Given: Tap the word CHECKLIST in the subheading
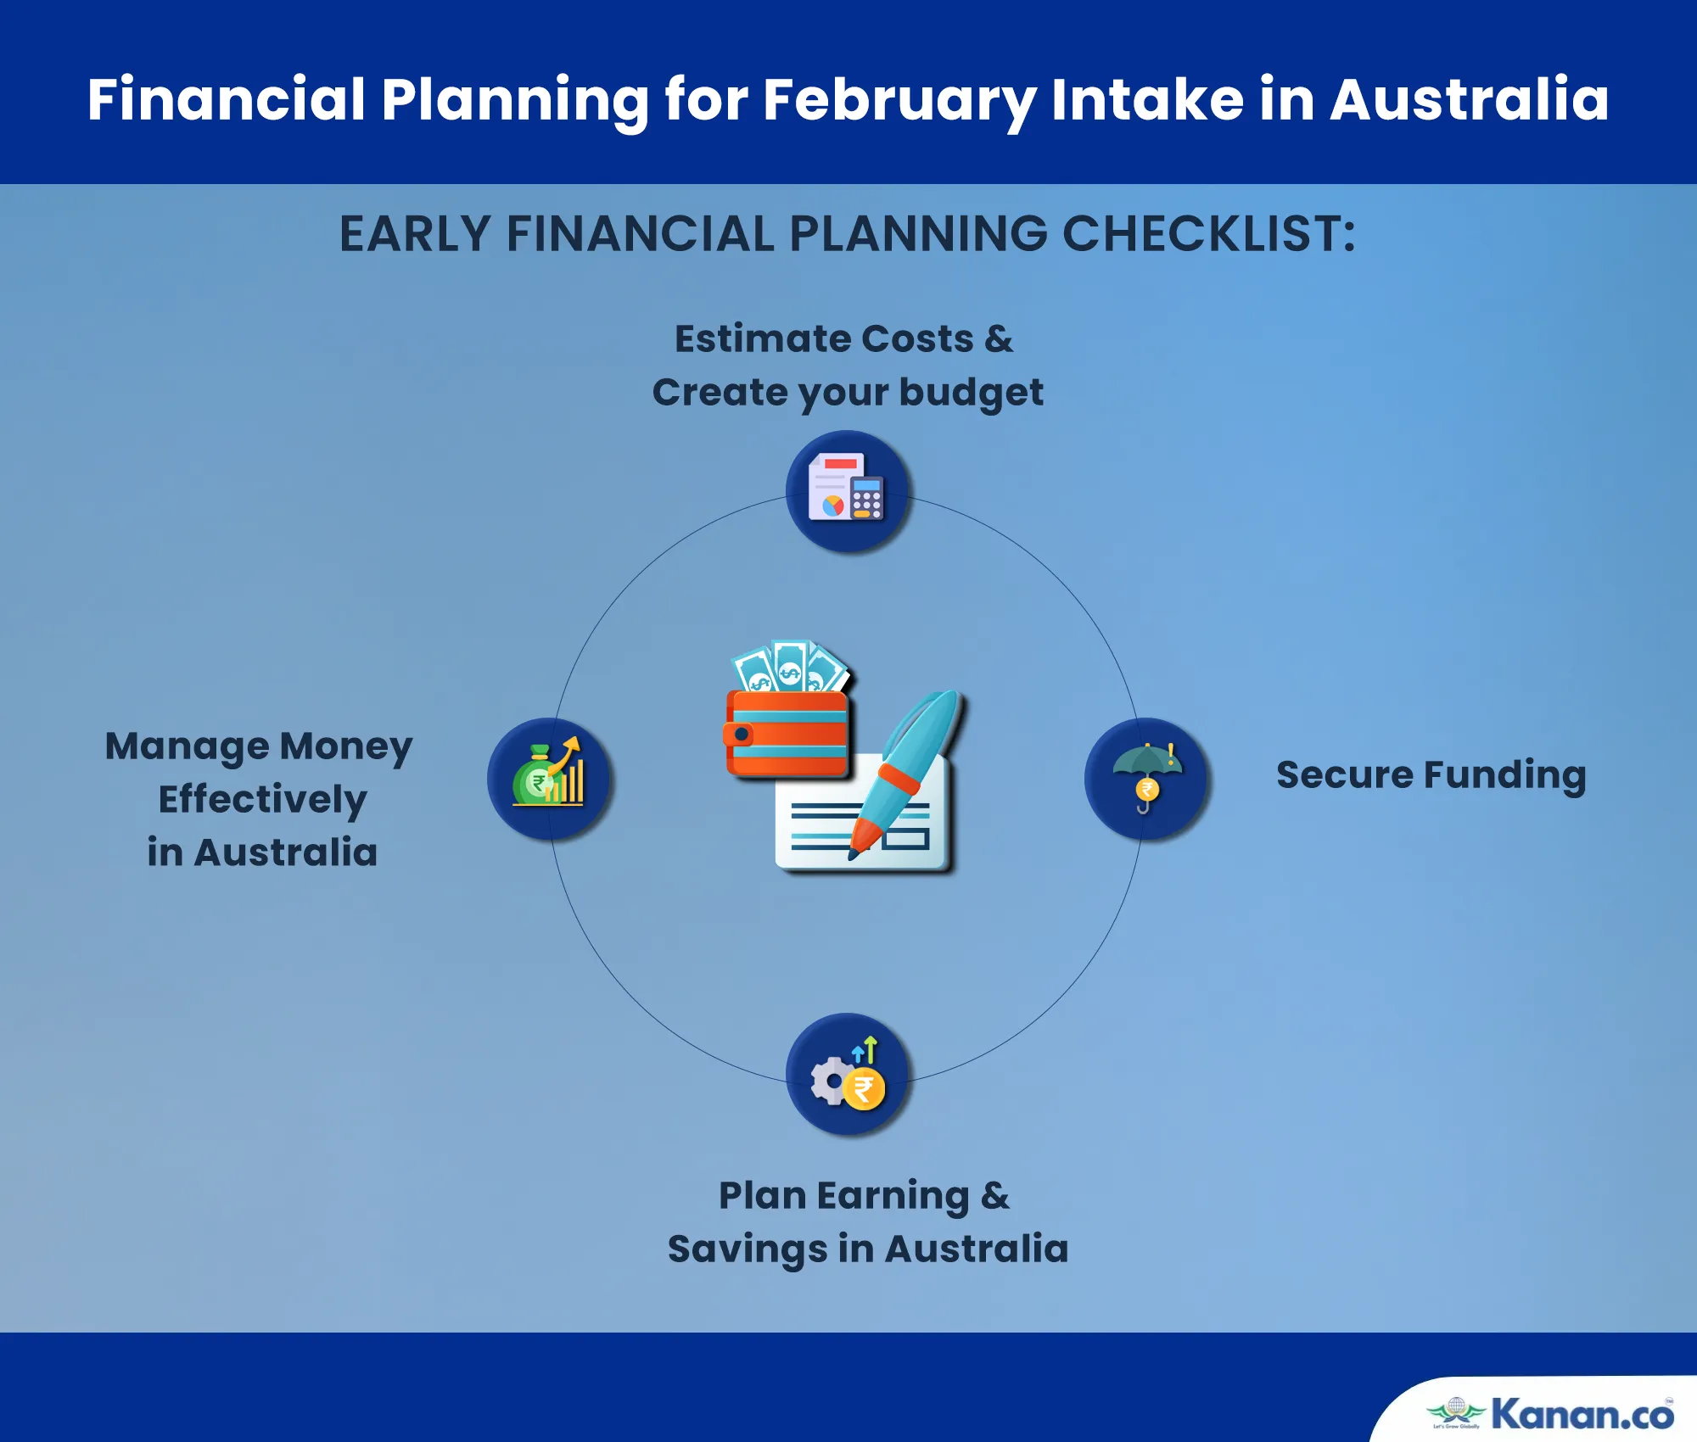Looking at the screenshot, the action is point(1209,233).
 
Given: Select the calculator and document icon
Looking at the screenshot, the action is point(846,487).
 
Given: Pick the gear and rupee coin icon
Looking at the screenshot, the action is point(848,1074).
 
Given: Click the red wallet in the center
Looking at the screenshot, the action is point(787,733).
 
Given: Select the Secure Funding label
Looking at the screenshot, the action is point(1431,775).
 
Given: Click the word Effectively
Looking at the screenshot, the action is point(262,800).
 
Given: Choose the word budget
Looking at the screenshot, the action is point(971,393).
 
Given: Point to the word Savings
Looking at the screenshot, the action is point(748,1249).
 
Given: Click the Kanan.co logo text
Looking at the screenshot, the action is point(1582,1413).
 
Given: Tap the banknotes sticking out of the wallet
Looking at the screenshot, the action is point(790,667).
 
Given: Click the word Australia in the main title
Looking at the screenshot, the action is point(1469,99).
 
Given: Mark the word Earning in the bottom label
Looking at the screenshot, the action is point(893,1197).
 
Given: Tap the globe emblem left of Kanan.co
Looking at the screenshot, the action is point(1456,1410).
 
